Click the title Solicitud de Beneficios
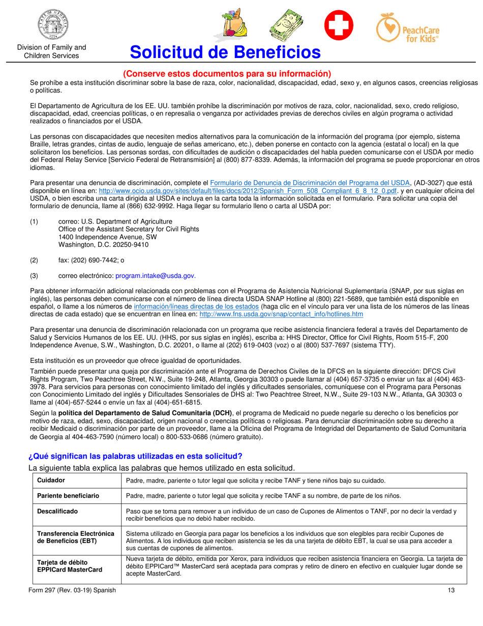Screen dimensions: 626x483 pyautogui.click(x=225, y=52)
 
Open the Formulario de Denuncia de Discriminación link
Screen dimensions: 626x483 pyautogui.click(x=310, y=182)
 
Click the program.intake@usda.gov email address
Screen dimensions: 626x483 pyautogui.click(x=155, y=275)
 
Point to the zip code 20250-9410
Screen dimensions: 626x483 pyautogui.click(x=132, y=245)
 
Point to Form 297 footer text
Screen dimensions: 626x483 pyautogui.click(x=73, y=590)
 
